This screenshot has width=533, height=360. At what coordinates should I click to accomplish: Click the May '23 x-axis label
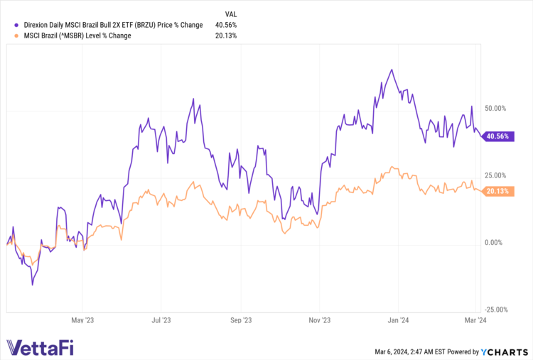pyautogui.click(x=82, y=320)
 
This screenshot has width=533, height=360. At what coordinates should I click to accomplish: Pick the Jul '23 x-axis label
pyautogui.click(x=162, y=320)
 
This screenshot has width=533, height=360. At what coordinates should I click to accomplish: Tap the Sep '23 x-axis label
pyautogui.click(x=242, y=320)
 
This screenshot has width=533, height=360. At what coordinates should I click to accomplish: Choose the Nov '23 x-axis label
pyautogui.click(x=321, y=320)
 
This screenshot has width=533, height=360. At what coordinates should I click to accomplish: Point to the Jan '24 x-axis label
pyautogui.click(x=399, y=320)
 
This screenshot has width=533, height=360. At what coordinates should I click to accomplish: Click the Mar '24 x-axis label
pyautogui.click(x=475, y=320)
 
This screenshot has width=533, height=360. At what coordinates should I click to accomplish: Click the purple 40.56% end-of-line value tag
pyautogui.click(x=497, y=137)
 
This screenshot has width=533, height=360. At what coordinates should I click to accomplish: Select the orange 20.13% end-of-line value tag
pyautogui.click(x=497, y=192)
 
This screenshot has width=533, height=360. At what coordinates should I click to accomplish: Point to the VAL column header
pyautogui.click(x=231, y=13)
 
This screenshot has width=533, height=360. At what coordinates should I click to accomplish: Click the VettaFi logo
pyautogui.click(x=40, y=348)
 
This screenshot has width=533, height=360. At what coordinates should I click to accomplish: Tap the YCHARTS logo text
pyautogui.click(x=507, y=351)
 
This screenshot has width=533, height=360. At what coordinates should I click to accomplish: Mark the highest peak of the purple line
pyautogui.click(x=392, y=70)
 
